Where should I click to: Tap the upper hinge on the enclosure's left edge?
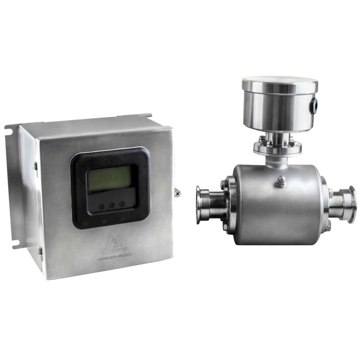point(35,165)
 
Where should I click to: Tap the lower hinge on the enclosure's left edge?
point(40,251)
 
